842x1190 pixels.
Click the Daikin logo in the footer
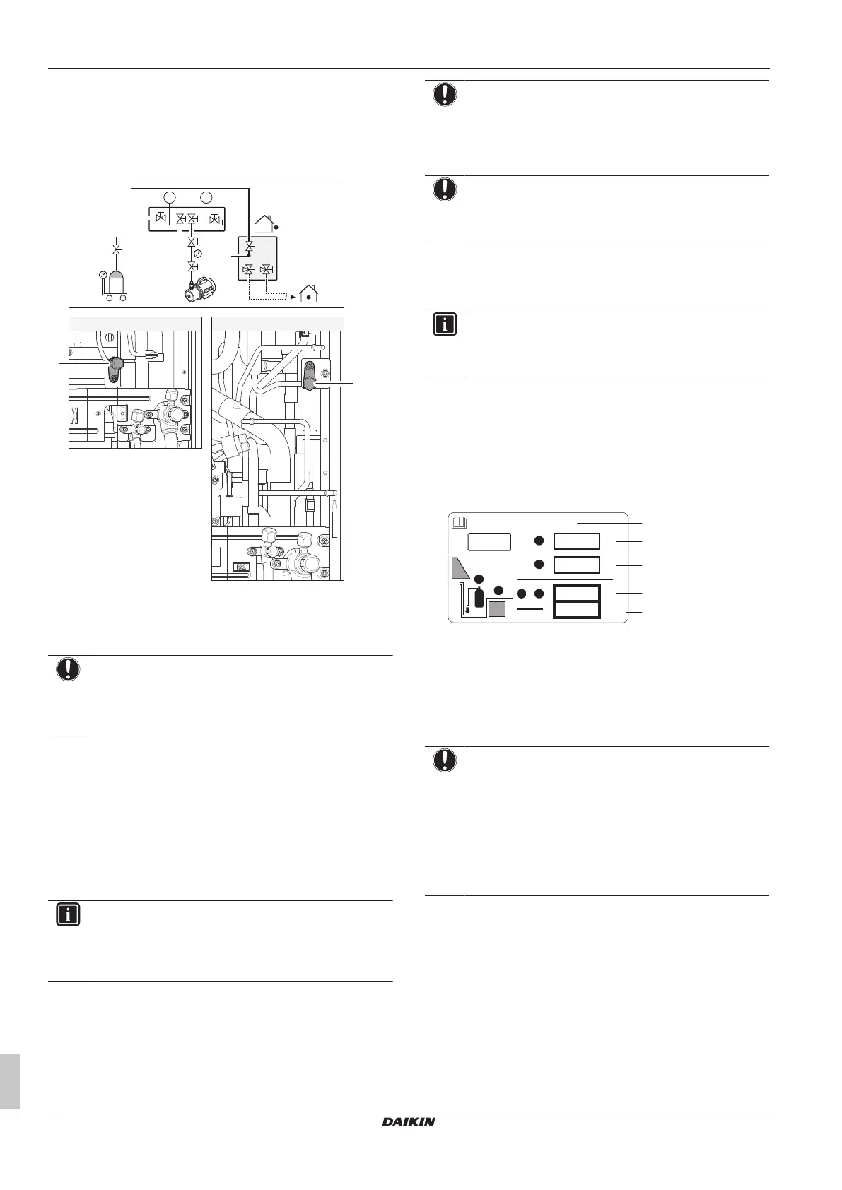tap(409, 1121)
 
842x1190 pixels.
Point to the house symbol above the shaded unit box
tap(265, 223)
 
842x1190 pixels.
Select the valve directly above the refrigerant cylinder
tap(116, 249)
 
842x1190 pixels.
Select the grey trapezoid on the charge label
tap(464, 567)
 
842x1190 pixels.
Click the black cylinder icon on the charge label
tap(479, 597)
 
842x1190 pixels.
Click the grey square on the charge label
tap(501, 608)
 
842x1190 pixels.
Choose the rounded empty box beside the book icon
tap(489, 542)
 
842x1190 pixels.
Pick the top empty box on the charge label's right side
tap(577, 541)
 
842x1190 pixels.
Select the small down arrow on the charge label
tap(467, 610)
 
